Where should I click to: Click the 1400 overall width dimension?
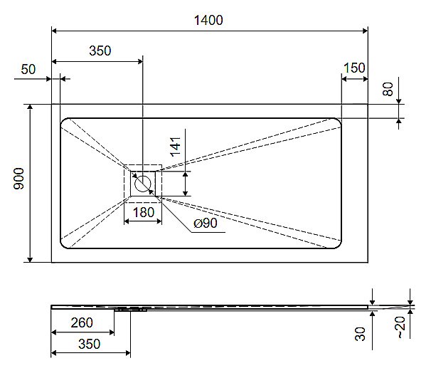[x=208, y=20]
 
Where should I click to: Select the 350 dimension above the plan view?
[x=100, y=51]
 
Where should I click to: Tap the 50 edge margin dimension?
[x=28, y=69]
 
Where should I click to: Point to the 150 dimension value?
[x=353, y=68]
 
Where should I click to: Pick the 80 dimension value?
[x=388, y=89]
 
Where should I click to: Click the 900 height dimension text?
[x=19, y=179]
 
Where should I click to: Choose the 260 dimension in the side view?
[x=82, y=323]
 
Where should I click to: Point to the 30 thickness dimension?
[x=361, y=332]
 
